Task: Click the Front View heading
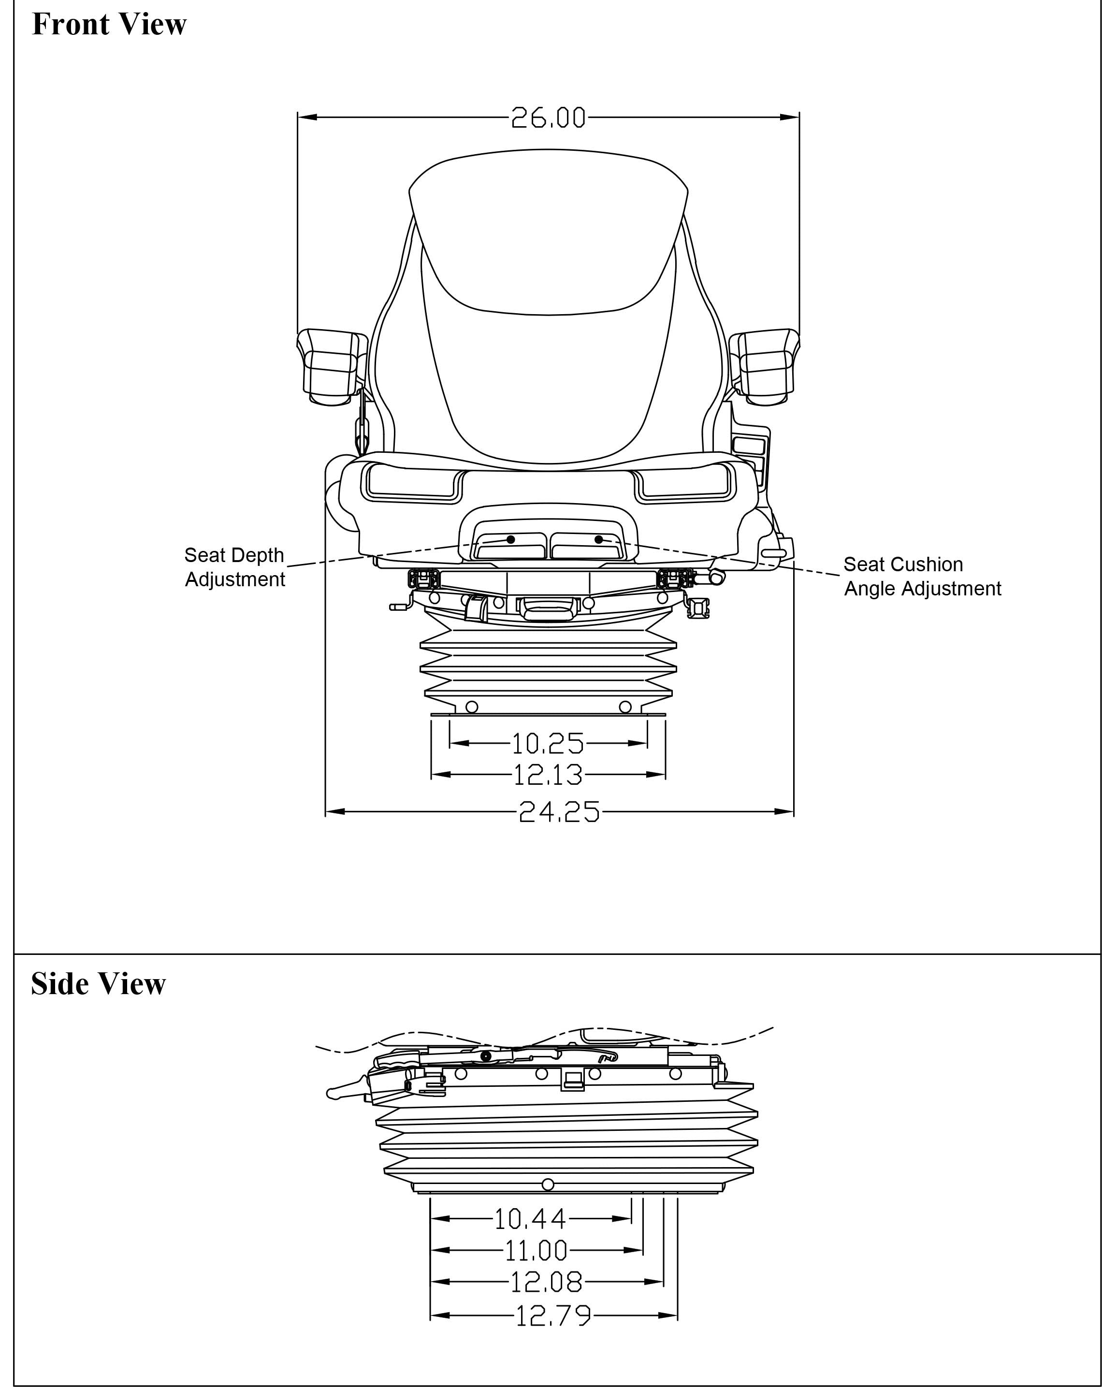coord(109,25)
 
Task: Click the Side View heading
coord(99,984)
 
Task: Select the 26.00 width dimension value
coord(548,118)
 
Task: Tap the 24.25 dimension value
coord(558,812)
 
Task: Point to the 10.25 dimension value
coord(548,744)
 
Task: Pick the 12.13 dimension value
coord(548,775)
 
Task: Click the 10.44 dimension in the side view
coord(530,1218)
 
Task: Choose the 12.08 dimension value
coord(546,1282)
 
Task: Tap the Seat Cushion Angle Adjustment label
coord(922,577)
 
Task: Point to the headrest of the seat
coord(548,231)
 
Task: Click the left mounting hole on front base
coord(472,707)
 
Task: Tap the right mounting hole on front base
coord(624,707)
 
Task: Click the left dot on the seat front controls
coord(511,539)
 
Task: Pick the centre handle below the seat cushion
coord(548,607)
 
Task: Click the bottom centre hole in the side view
coord(548,1185)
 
